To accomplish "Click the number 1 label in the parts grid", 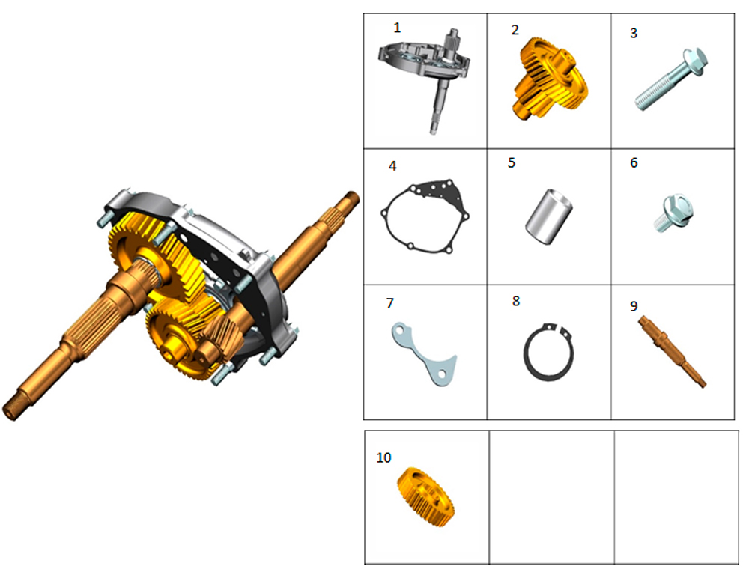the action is (397, 28).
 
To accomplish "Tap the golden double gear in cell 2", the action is (551, 79).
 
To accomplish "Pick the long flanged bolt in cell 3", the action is (670, 79).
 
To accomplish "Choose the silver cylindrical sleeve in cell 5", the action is (549, 216).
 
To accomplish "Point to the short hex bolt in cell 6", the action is (673, 213).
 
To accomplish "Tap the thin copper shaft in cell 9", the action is (672, 351).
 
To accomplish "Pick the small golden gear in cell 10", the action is (425, 497).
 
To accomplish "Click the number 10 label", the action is (383, 457).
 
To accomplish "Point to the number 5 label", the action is (512, 163).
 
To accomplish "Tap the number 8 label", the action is (516, 301).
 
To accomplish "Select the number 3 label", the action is (634, 33).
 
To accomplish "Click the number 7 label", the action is (390, 303).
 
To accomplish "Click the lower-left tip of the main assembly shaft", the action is (10, 413).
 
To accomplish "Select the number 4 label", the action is (392, 165).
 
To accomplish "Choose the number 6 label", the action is (634, 163).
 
